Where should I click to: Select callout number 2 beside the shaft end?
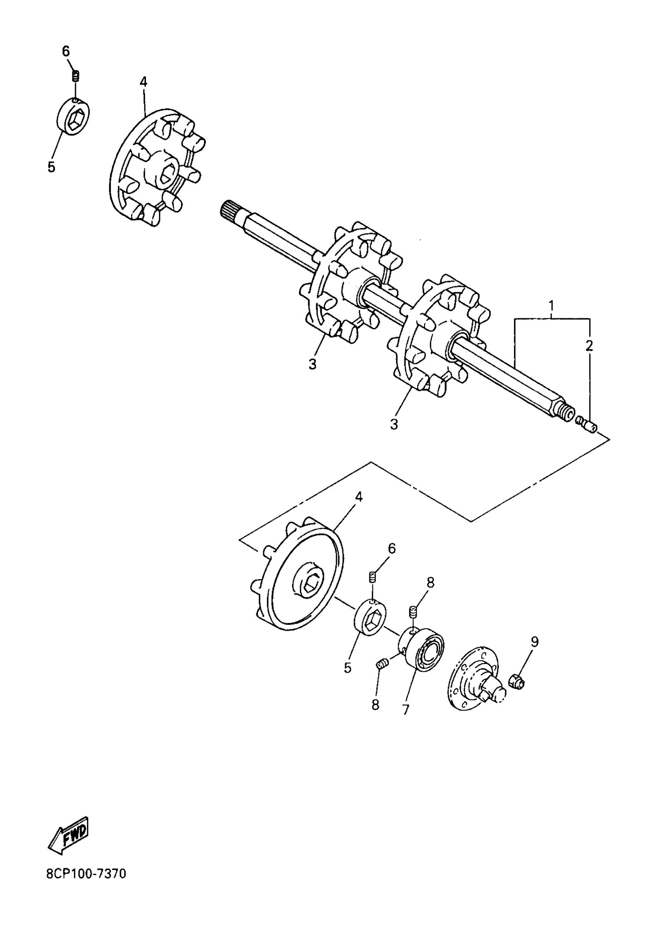pyautogui.click(x=589, y=345)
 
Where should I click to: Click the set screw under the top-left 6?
pyautogui.click(x=76, y=76)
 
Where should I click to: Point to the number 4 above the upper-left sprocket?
pyautogui.click(x=144, y=82)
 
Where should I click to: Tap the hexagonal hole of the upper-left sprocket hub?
pyautogui.click(x=167, y=175)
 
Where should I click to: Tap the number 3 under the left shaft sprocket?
pyautogui.click(x=312, y=364)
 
